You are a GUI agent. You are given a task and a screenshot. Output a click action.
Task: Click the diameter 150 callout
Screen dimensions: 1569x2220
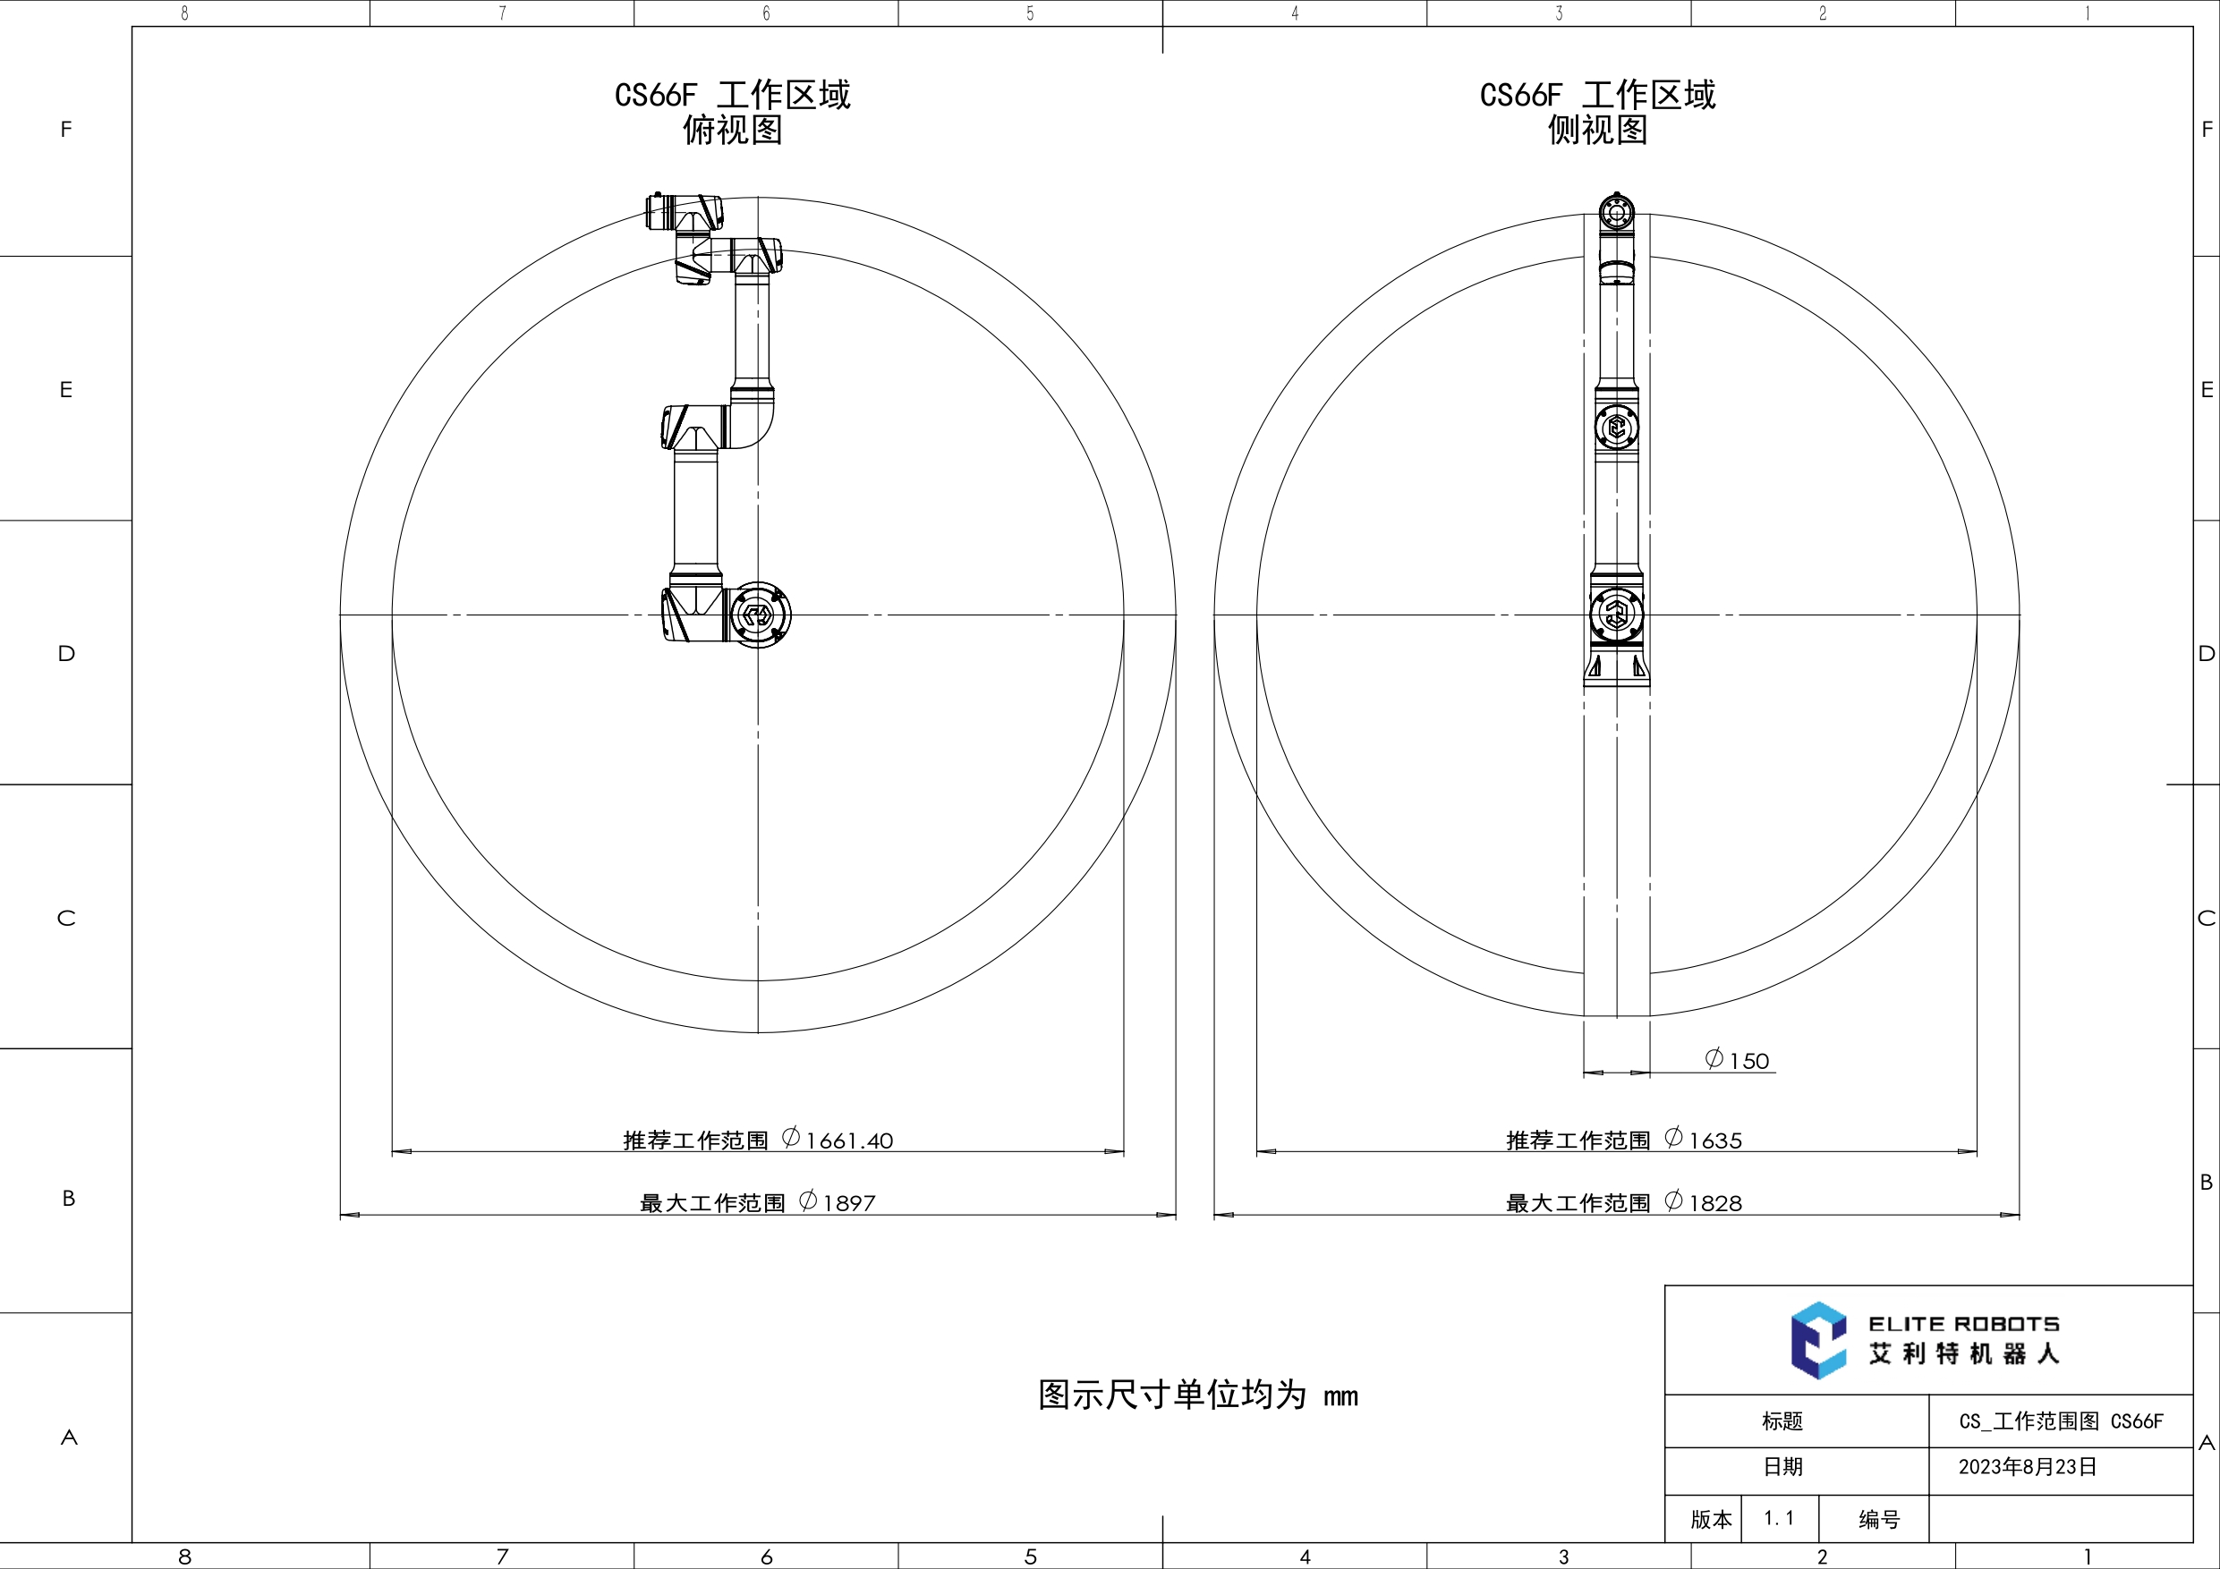point(1738,1061)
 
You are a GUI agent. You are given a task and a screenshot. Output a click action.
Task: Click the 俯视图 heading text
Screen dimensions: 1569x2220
point(732,130)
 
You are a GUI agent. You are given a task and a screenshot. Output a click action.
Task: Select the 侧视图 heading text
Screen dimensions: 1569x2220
point(1597,130)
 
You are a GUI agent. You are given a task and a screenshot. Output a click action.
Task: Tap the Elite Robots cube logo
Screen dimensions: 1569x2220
point(1817,1340)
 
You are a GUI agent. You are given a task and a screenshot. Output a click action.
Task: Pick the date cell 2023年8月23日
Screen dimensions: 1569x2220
point(2028,1466)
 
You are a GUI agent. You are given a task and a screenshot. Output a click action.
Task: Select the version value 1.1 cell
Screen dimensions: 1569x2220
point(1778,1518)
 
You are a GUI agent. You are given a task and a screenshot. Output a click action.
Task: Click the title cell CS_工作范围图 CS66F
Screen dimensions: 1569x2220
point(2061,1421)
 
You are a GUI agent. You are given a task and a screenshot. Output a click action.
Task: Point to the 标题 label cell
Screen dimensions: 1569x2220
point(1782,1421)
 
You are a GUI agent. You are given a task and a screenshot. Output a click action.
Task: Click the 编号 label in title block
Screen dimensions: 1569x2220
point(1879,1520)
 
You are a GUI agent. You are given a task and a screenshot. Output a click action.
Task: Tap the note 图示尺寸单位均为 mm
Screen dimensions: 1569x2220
point(1197,1395)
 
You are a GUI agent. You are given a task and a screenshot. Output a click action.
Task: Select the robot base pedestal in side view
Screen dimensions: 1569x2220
point(1616,667)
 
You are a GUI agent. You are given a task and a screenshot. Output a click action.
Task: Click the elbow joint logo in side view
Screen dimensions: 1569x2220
point(1616,427)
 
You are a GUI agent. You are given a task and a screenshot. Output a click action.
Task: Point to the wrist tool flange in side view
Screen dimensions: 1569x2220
point(1616,210)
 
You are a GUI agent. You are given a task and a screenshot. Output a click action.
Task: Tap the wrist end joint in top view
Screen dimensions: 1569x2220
point(683,212)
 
